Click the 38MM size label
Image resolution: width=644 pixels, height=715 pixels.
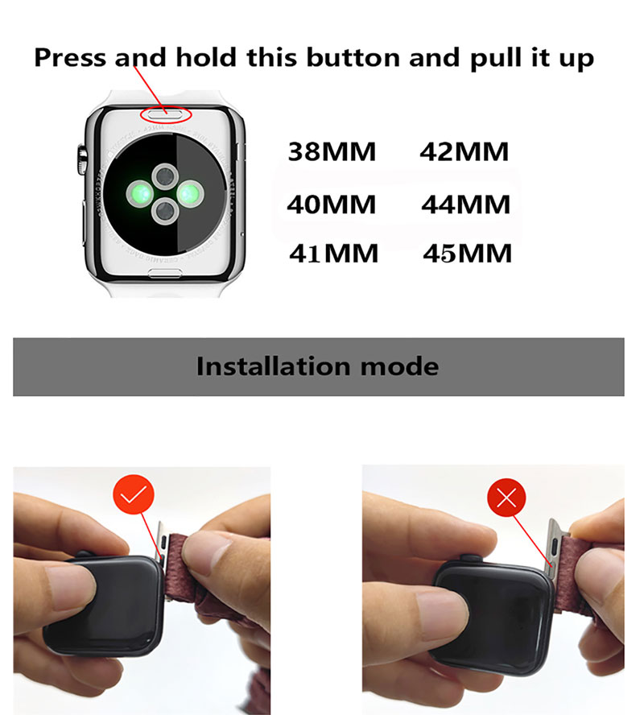pyautogui.click(x=332, y=152)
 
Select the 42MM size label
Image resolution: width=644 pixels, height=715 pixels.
pyautogui.click(x=464, y=152)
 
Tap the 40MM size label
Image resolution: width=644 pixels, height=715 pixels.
pyautogui.click(x=332, y=205)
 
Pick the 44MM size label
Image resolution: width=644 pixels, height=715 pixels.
pyautogui.click(x=466, y=205)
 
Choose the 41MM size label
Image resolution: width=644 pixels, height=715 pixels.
pyautogui.click(x=333, y=254)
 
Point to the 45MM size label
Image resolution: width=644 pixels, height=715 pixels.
pyautogui.click(x=468, y=254)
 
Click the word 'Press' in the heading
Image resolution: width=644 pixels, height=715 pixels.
pyautogui.click(x=70, y=58)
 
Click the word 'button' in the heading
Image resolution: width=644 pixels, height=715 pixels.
pyautogui.click(x=353, y=58)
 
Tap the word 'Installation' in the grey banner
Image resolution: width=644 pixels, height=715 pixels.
pyautogui.click(x=273, y=366)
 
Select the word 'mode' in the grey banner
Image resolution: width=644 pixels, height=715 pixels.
pyautogui.click(x=400, y=367)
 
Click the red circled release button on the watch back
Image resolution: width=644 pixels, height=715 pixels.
pyautogui.click(x=166, y=114)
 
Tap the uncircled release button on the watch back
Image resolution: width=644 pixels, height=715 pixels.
pyautogui.click(x=166, y=274)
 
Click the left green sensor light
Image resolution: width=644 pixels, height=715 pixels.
pyautogui.click(x=140, y=193)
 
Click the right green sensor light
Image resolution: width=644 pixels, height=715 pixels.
pyautogui.click(x=189, y=194)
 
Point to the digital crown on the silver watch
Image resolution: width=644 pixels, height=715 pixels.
pyautogui.click(x=81, y=159)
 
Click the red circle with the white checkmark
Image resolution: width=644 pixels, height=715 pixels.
pyautogui.click(x=134, y=494)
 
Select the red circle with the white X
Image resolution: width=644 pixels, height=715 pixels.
pyautogui.click(x=506, y=498)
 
